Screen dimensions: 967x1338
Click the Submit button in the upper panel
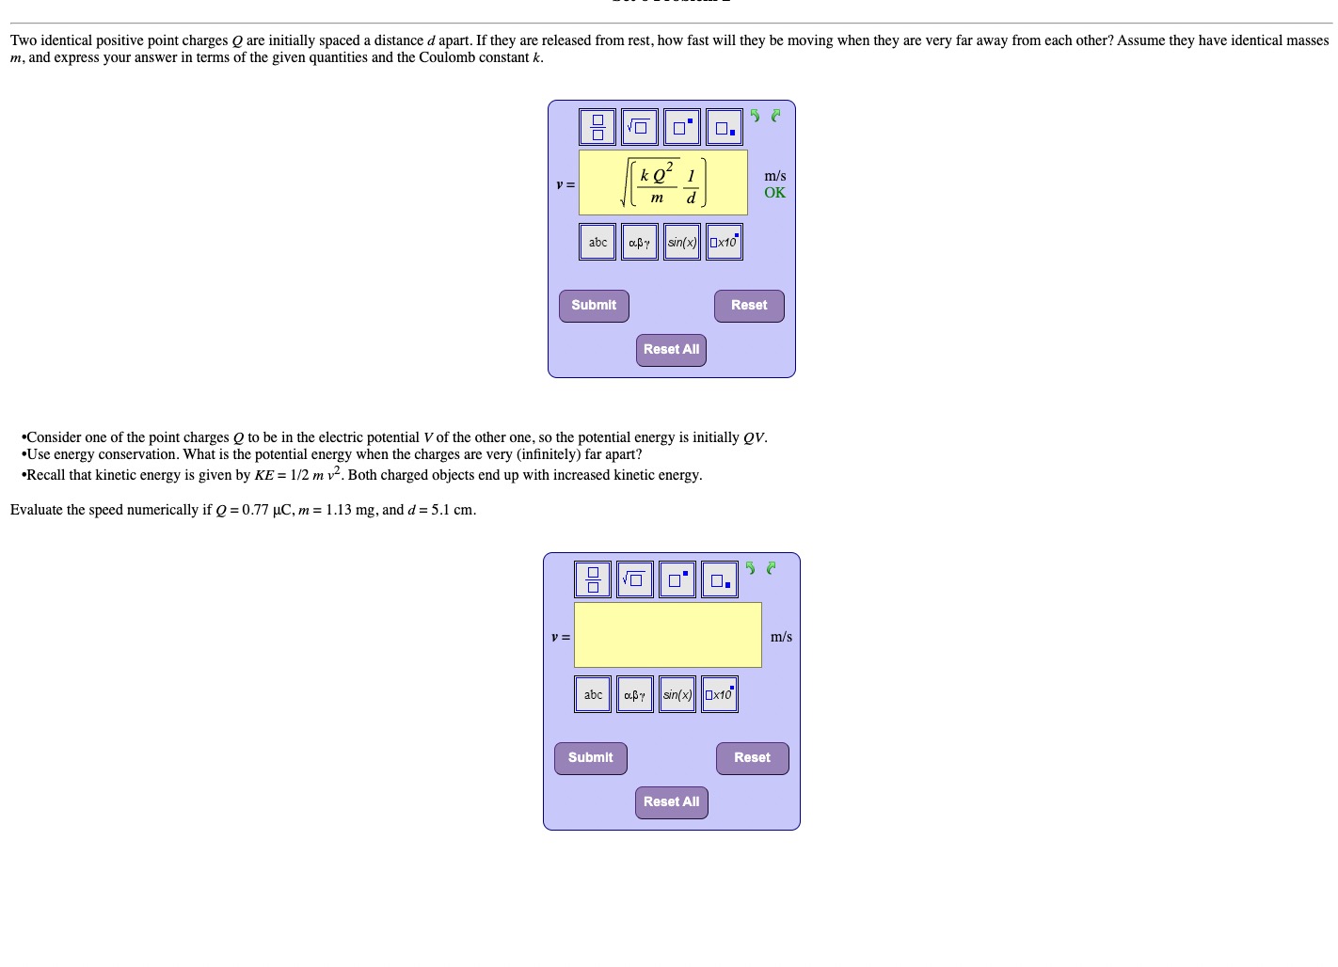coord(594,306)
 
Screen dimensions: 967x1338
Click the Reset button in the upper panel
coord(749,306)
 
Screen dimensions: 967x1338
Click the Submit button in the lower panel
coord(590,758)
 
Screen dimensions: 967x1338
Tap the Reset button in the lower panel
coord(752,758)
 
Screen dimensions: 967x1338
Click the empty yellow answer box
coord(667,635)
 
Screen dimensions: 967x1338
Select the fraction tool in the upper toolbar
coord(597,127)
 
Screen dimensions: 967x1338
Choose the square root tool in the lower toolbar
coord(635,579)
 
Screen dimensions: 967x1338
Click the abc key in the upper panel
coord(597,242)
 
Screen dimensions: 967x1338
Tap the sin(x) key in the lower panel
coord(677,694)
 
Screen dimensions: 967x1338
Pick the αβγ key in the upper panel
coord(640,242)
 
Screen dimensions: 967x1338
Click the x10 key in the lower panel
coord(720,694)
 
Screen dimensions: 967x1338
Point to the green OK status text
coord(774,193)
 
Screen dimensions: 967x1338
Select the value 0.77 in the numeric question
coord(255,510)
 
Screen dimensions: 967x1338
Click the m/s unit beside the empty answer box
coord(781,637)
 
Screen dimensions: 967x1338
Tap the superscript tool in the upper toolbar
coord(682,127)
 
